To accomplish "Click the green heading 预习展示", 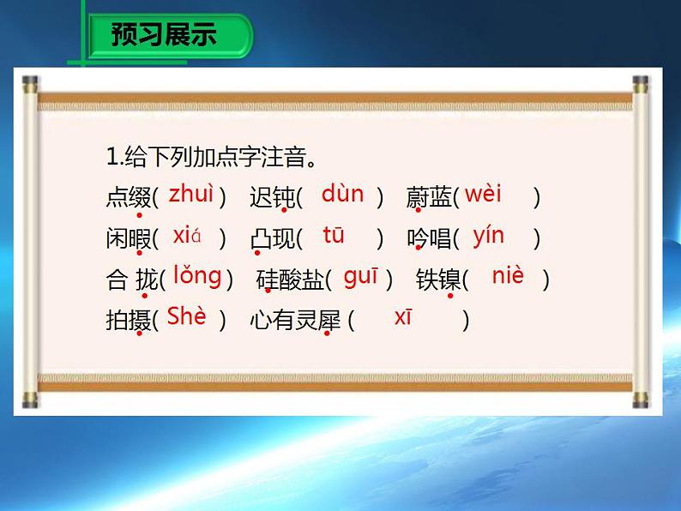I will click(164, 35).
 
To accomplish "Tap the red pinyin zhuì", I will click(190, 195).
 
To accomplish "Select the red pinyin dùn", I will click(342, 195).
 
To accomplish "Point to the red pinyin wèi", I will click(483, 195).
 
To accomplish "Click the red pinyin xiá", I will click(186, 236).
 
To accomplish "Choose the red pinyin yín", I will click(488, 236).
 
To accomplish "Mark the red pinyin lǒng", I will click(196, 276).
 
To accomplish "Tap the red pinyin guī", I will click(361, 276).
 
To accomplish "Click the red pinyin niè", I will click(508, 276).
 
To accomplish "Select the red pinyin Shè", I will click(187, 316).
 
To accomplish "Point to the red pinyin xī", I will click(403, 317).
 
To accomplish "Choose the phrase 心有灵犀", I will click(296, 322).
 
